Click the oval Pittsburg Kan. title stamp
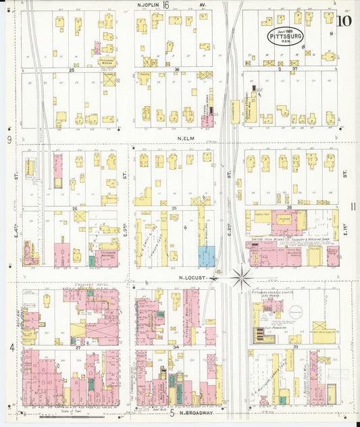286,36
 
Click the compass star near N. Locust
242,276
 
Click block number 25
71,70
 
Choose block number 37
294,69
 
